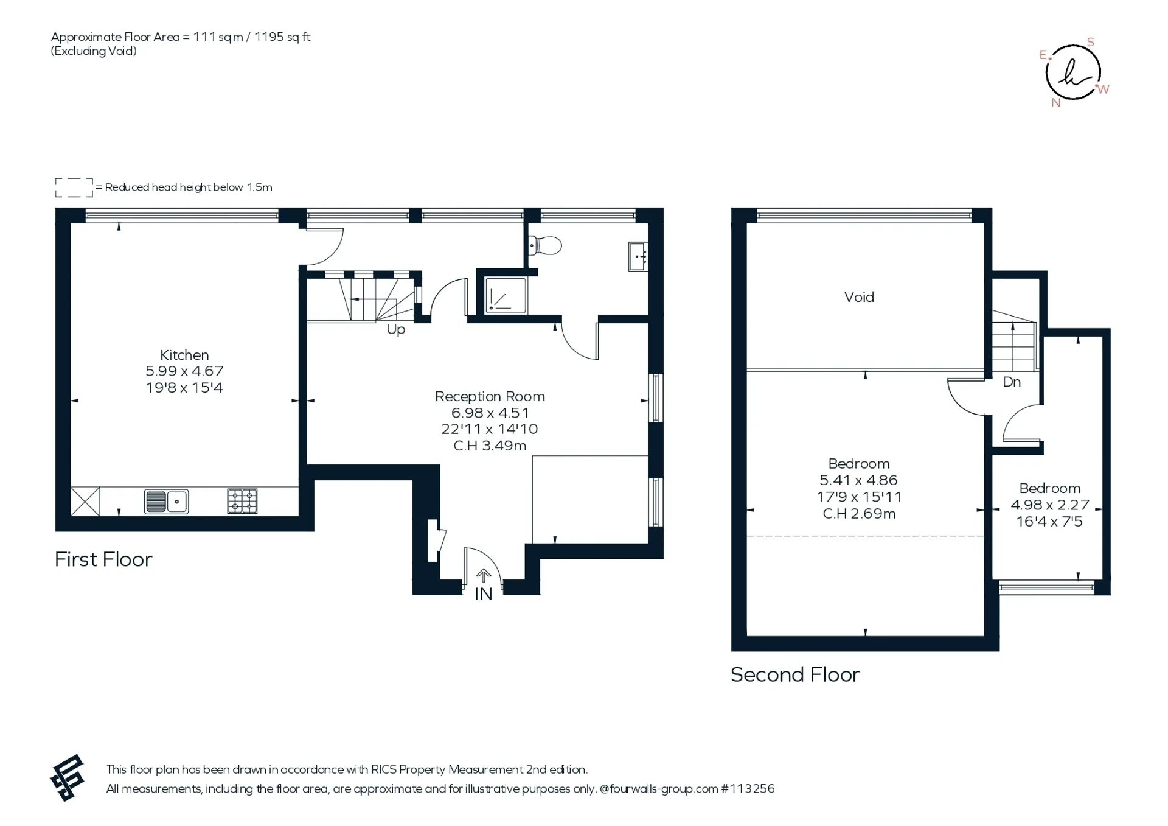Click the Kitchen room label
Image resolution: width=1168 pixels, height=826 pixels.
click(184, 355)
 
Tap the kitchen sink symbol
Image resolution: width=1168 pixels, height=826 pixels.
click(166, 502)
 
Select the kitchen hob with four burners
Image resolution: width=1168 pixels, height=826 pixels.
click(242, 501)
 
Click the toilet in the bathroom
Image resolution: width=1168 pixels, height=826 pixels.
click(545, 246)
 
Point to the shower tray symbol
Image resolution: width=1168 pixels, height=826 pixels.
click(506, 296)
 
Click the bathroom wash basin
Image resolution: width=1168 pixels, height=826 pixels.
click(638, 257)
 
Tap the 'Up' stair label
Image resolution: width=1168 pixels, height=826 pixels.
click(396, 330)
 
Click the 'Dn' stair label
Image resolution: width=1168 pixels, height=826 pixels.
click(1012, 382)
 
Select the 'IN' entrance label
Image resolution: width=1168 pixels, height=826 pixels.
click(484, 594)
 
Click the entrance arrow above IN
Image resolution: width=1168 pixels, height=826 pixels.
click(484, 575)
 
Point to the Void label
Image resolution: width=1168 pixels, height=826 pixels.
click(859, 297)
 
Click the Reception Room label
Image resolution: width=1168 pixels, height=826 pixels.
click(490, 396)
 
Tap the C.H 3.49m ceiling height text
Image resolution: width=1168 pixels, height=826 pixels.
click(490, 446)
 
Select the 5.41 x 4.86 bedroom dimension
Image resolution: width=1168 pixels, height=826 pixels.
click(858, 480)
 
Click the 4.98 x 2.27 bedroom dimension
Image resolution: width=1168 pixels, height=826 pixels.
click(1050, 505)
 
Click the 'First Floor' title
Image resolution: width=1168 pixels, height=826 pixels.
click(103, 559)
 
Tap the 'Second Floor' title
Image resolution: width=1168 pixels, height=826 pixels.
click(795, 674)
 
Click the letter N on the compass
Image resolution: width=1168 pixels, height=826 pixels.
click(1056, 103)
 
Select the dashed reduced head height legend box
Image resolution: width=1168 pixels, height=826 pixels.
click(74, 187)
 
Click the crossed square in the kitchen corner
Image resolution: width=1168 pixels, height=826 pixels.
click(85, 501)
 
